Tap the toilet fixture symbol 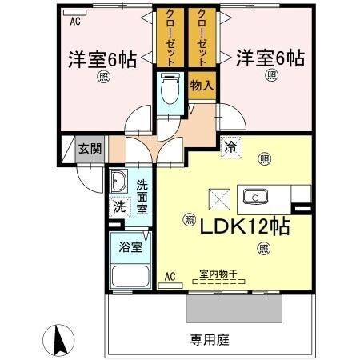pos(168,90)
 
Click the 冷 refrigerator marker pos(231,146)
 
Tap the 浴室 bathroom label pos(132,247)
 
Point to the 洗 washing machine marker pos(118,206)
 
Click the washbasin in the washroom pos(118,180)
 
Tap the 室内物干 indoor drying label pos(218,275)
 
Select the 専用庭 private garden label pos(210,339)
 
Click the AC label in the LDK pos(170,278)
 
